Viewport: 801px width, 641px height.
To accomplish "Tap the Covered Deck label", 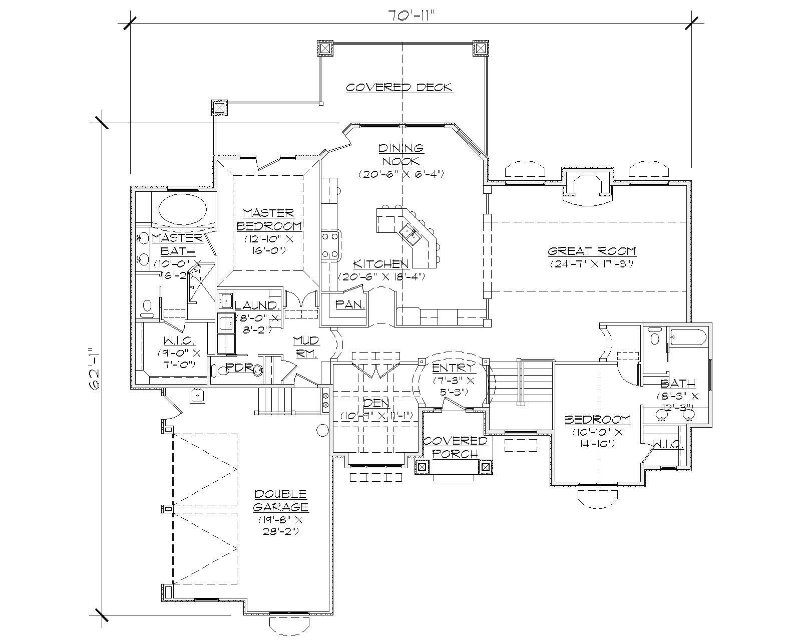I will click(399, 88).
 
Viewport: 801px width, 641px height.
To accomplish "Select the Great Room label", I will click(591, 251).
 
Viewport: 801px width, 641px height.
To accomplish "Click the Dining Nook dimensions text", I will click(401, 174).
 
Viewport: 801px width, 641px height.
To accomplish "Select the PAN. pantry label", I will click(350, 304).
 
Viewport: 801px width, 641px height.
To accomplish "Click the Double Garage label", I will click(280, 500).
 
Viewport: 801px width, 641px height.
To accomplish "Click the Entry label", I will click(452, 369).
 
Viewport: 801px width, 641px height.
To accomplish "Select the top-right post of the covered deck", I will click(480, 48).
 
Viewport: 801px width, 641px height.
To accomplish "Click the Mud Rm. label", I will click(305, 346).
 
